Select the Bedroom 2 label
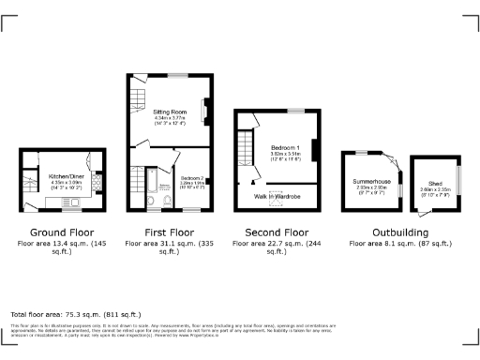(x=192, y=176)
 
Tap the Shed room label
(x=436, y=184)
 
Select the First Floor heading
(x=170, y=232)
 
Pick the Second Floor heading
(x=277, y=232)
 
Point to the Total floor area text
(x=75, y=314)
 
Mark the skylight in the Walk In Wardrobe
(x=276, y=200)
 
